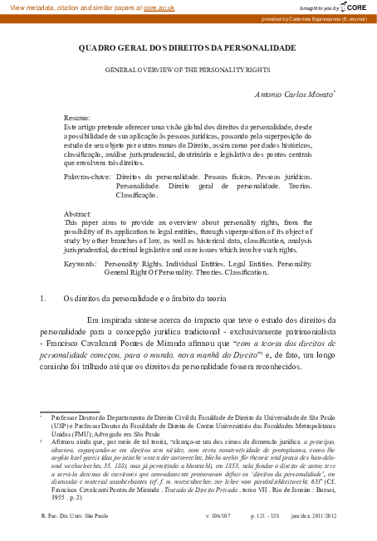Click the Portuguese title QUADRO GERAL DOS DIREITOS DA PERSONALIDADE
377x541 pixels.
pyautogui.click(x=188, y=49)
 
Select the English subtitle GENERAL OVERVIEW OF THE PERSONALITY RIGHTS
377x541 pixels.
pyautogui.click(x=188, y=71)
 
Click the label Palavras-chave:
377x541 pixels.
pyautogui.click(x=88, y=178)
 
